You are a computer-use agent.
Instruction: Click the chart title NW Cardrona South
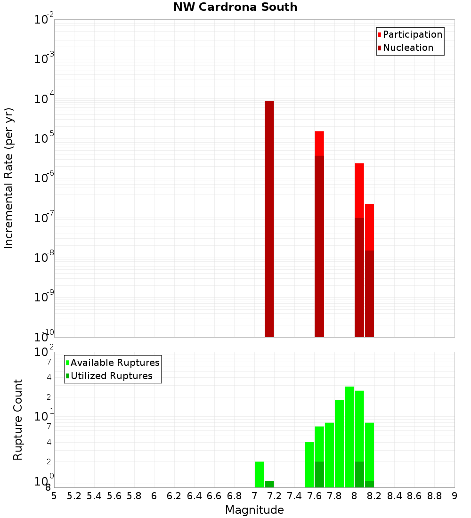(235, 7)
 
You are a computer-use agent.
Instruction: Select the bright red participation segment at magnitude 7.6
(319, 143)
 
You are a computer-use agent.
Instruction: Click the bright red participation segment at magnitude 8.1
(369, 226)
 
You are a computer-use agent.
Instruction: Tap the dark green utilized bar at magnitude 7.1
(269, 484)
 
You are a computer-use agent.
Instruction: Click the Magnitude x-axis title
(254, 510)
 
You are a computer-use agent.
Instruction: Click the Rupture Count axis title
(18, 419)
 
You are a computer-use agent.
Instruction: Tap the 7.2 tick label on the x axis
(275, 496)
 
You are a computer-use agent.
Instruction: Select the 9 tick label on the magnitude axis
(455, 496)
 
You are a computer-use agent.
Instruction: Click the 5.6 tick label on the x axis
(114, 496)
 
